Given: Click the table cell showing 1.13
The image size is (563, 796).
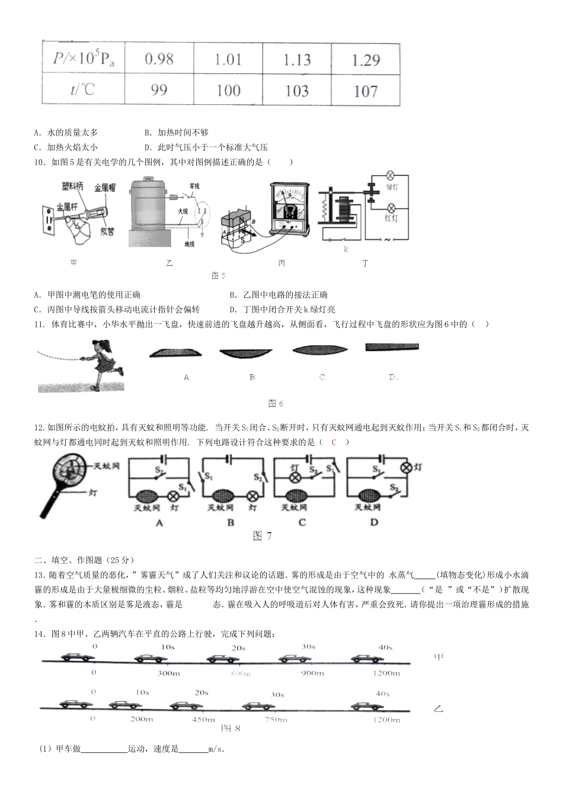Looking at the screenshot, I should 296,60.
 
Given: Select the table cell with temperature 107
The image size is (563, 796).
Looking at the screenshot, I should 365,91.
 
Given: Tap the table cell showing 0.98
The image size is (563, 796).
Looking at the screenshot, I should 159,59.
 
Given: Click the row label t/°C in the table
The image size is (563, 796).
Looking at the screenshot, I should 82,89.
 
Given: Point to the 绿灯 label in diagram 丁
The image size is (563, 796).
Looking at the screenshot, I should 391,187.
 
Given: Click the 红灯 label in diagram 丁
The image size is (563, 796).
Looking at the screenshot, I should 391,219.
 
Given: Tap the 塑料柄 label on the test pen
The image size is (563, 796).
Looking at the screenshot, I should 72,187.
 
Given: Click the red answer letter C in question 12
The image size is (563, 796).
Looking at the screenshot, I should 334,442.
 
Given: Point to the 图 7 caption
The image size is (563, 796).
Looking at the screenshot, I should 262,536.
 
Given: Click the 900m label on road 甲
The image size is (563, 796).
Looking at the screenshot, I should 312,673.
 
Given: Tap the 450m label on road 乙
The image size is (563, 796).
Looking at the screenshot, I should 203,720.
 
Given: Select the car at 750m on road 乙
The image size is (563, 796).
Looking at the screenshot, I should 260,705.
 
